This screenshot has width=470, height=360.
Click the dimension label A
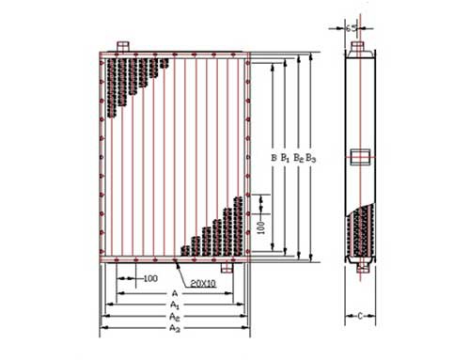[x=175, y=293]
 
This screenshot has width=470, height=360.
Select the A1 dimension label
[x=175, y=305]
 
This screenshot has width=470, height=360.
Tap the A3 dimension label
[x=175, y=328]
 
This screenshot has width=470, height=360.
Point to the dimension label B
[x=274, y=158]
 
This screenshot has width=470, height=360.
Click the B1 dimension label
[x=285, y=158]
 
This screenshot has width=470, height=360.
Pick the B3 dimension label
[x=310, y=158]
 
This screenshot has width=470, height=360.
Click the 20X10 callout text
[x=203, y=284]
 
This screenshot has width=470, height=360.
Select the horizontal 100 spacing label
[x=150, y=278]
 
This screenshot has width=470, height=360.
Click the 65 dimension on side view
[x=352, y=28]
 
